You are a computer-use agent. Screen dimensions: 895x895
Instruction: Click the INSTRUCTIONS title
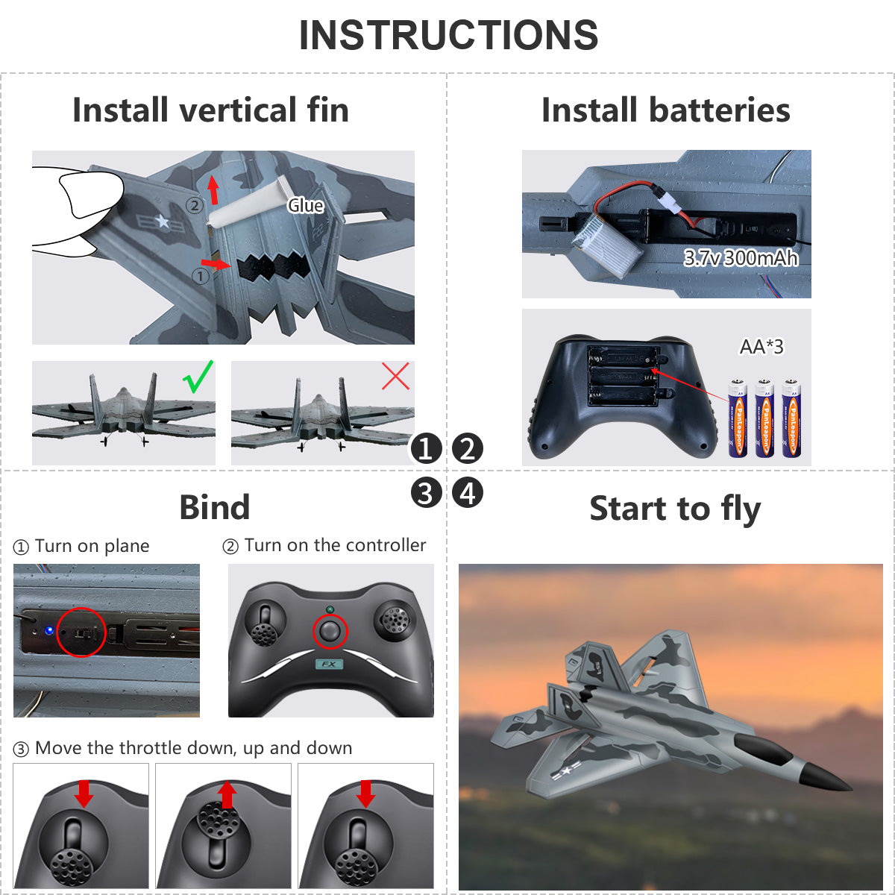click(448, 35)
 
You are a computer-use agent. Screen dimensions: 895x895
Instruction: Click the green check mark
click(198, 377)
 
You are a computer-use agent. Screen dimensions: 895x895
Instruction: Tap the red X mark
click(395, 377)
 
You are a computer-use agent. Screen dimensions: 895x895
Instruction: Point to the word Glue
click(306, 206)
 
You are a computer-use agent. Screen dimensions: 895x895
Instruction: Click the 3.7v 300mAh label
click(741, 258)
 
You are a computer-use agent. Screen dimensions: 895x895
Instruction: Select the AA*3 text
click(761, 347)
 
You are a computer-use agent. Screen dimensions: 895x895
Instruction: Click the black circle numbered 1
click(426, 449)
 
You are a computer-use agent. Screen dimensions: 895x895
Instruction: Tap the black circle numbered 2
click(468, 449)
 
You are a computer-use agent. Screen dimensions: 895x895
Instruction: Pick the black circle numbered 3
click(426, 493)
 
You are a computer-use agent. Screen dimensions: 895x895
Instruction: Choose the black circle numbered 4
click(468, 493)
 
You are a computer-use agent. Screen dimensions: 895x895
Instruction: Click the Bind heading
click(215, 507)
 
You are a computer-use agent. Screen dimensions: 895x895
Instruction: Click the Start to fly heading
click(675, 509)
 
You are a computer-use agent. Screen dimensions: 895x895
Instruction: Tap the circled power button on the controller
click(330, 632)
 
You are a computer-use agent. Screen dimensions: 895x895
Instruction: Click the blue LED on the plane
click(49, 630)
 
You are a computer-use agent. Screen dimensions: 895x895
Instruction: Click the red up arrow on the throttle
click(228, 794)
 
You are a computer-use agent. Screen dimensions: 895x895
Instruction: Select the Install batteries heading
click(665, 110)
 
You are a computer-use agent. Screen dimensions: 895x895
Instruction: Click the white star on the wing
click(163, 221)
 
